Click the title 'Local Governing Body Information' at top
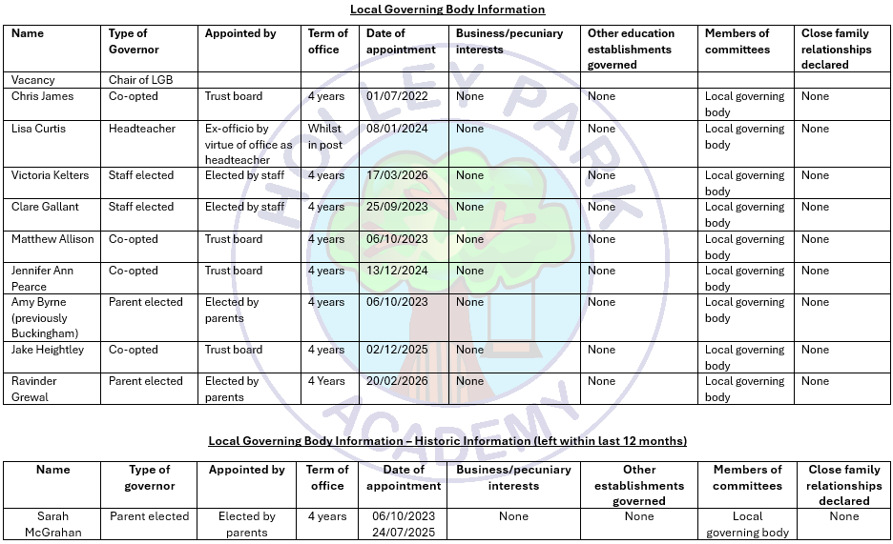(x=447, y=10)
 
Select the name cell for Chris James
(x=42, y=96)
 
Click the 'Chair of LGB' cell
(x=141, y=80)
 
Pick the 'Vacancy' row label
(x=33, y=80)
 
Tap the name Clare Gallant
(x=46, y=207)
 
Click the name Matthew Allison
(x=52, y=239)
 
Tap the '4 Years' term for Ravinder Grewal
(x=326, y=381)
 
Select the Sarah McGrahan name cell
(x=53, y=524)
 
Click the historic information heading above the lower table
(x=447, y=441)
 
